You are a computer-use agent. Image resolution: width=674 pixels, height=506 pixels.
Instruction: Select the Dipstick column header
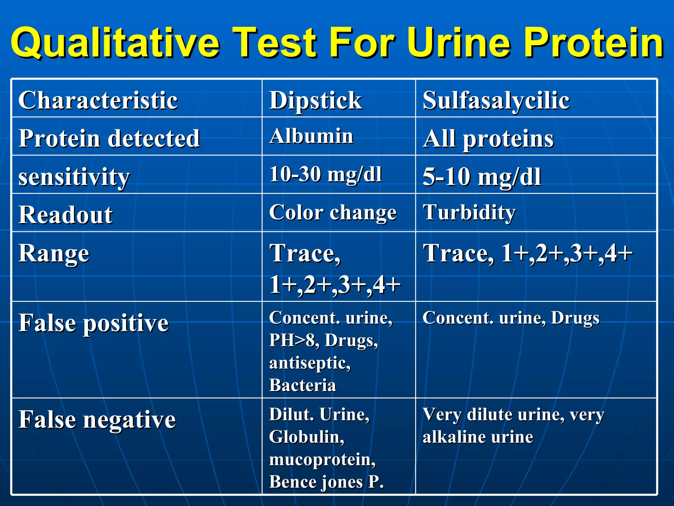[315, 100]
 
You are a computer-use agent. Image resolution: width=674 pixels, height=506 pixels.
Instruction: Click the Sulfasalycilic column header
[496, 100]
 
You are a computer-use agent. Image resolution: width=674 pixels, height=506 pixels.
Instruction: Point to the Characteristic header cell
[98, 100]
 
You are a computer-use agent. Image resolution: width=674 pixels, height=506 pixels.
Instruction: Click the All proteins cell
[488, 139]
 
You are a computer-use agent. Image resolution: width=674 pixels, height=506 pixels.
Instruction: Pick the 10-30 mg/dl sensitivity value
[325, 174]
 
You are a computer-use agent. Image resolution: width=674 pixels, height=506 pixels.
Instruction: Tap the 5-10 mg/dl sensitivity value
[481, 177]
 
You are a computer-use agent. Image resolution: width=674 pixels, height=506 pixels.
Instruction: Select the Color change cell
[333, 212]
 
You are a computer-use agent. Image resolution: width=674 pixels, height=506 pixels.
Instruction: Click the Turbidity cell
[469, 212]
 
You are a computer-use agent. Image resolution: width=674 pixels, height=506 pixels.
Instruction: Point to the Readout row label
[65, 215]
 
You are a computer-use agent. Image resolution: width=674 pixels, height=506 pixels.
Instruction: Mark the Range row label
[54, 253]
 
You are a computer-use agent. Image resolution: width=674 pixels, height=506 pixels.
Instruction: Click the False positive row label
[93, 323]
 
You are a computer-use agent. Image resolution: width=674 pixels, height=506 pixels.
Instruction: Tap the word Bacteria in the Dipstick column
[302, 385]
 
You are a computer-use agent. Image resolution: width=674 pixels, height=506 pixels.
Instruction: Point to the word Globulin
[306, 437]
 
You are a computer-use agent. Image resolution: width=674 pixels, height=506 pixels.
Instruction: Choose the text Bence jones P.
[326, 482]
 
